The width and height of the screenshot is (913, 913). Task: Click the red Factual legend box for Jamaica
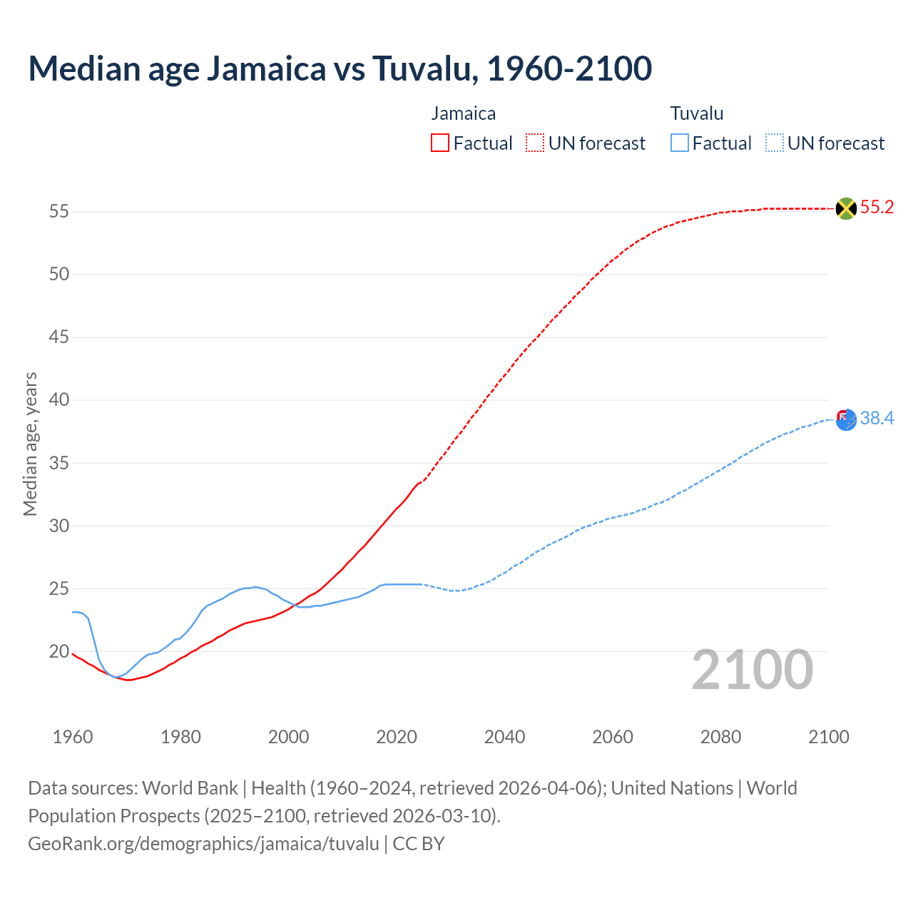tap(440, 143)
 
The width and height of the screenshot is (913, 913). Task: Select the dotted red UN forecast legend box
tap(535, 143)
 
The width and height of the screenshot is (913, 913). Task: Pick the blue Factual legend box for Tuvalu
tap(679, 143)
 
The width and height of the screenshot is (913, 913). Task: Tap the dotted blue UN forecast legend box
tap(774, 143)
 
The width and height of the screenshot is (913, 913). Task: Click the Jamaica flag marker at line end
tap(846, 208)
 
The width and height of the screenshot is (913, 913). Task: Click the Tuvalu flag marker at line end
tap(846, 420)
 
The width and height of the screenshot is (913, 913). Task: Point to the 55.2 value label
tap(877, 208)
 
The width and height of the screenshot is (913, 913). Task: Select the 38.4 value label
tap(877, 419)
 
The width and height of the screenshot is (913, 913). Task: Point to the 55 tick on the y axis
tap(58, 212)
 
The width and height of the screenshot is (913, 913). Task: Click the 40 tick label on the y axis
tap(58, 400)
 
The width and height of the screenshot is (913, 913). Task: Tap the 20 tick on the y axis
tap(58, 652)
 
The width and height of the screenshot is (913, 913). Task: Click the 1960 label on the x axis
tap(73, 737)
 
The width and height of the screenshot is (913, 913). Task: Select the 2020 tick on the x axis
tap(397, 737)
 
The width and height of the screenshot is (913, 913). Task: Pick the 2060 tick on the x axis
tap(613, 737)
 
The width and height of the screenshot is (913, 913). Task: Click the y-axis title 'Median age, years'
tap(30, 444)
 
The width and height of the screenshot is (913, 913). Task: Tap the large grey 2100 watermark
tap(752, 670)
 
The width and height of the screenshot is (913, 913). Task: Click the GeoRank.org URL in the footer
tap(203, 844)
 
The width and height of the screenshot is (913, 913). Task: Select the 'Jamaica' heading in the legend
tap(463, 113)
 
